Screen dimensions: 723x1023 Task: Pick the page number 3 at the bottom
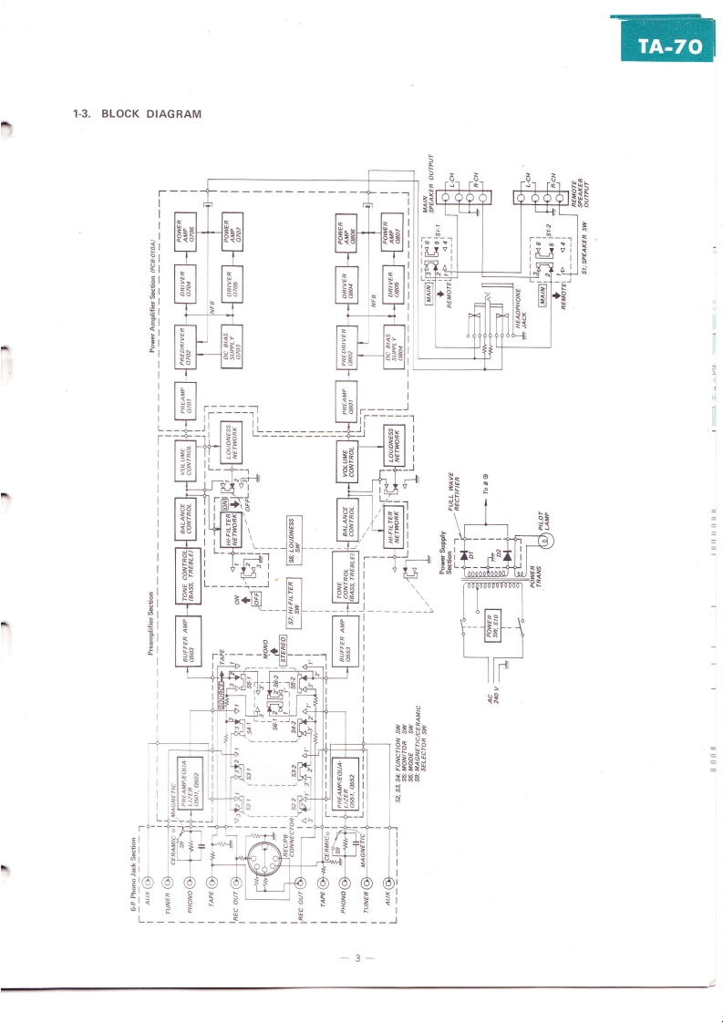359,957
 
